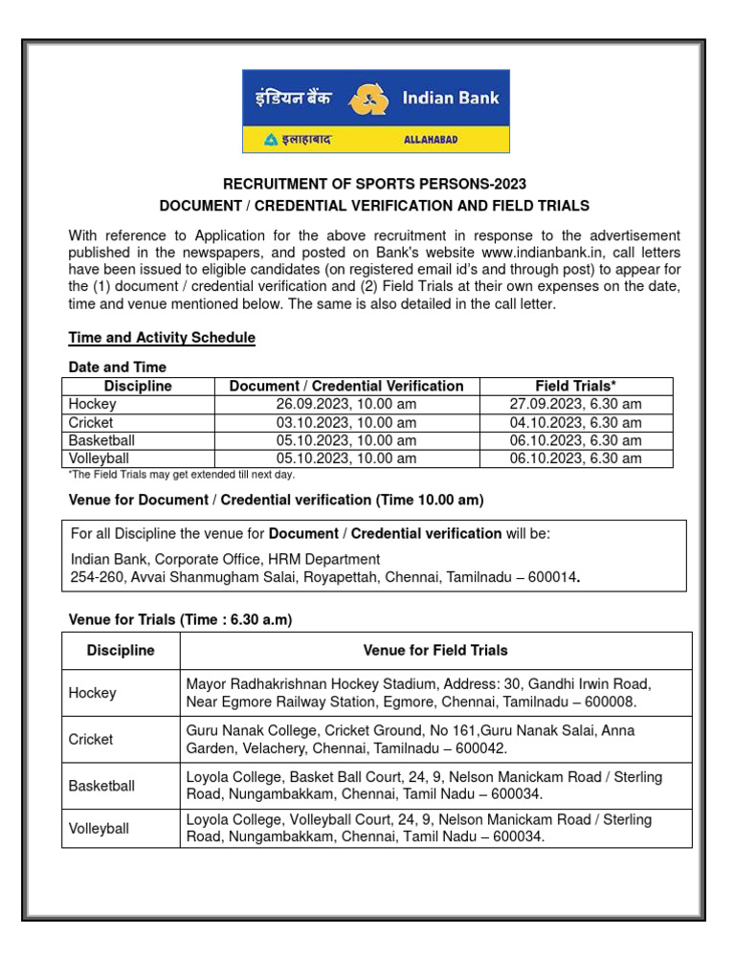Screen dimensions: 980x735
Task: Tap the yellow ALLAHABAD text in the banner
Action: (x=431, y=140)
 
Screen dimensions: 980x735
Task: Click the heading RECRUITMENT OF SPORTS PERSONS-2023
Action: (x=374, y=184)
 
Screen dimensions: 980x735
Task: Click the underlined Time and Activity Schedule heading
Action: (x=162, y=338)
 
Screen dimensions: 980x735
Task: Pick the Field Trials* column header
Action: (x=575, y=386)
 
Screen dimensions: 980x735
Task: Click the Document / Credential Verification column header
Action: (x=346, y=386)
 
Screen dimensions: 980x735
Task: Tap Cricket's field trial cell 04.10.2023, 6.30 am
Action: (x=575, y=422)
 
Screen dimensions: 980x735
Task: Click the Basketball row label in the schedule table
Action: (x=101, y=440)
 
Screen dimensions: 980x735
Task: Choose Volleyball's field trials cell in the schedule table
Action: (x=575, y=458)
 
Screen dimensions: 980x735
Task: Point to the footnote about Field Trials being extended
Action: (x=182, y=475)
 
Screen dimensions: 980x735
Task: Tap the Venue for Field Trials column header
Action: (x=435, y=650)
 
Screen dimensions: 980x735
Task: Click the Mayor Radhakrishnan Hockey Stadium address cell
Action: (x=435, y=693)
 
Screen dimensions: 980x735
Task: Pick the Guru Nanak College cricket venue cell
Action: (x=435, y=739)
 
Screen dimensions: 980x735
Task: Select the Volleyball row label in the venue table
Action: (x=99, y=829)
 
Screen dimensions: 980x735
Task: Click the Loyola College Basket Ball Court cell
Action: (x=435, y=786)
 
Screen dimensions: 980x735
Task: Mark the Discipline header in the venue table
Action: (x=121, y=650)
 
